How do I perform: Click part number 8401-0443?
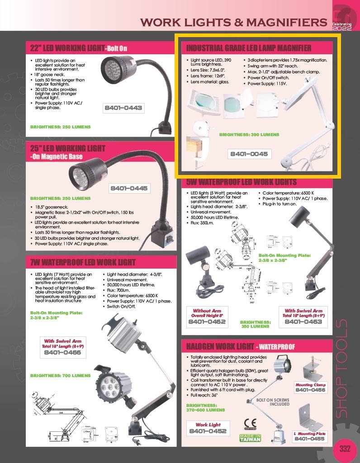tap(123, 108)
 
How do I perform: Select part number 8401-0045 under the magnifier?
tap(249, 154)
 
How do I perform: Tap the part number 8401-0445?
tap(129, 188)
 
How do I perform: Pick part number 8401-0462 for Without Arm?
tap(207, 322)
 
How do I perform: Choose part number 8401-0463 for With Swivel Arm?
tap(303, 322)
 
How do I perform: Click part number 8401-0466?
tap(63, 352)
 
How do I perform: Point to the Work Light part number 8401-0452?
tap(208, 432)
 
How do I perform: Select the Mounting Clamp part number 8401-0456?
tap(310, 390)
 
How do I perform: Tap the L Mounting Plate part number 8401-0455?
tap(309, 439)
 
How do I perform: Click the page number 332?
tap(345, 449)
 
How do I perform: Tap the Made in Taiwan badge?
tap(250, 437)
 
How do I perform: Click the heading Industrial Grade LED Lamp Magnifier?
tap(249, 48)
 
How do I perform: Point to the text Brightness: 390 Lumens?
tap(249, 135)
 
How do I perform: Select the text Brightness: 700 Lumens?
tap(60, 376)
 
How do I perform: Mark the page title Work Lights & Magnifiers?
tap(233, 22)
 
